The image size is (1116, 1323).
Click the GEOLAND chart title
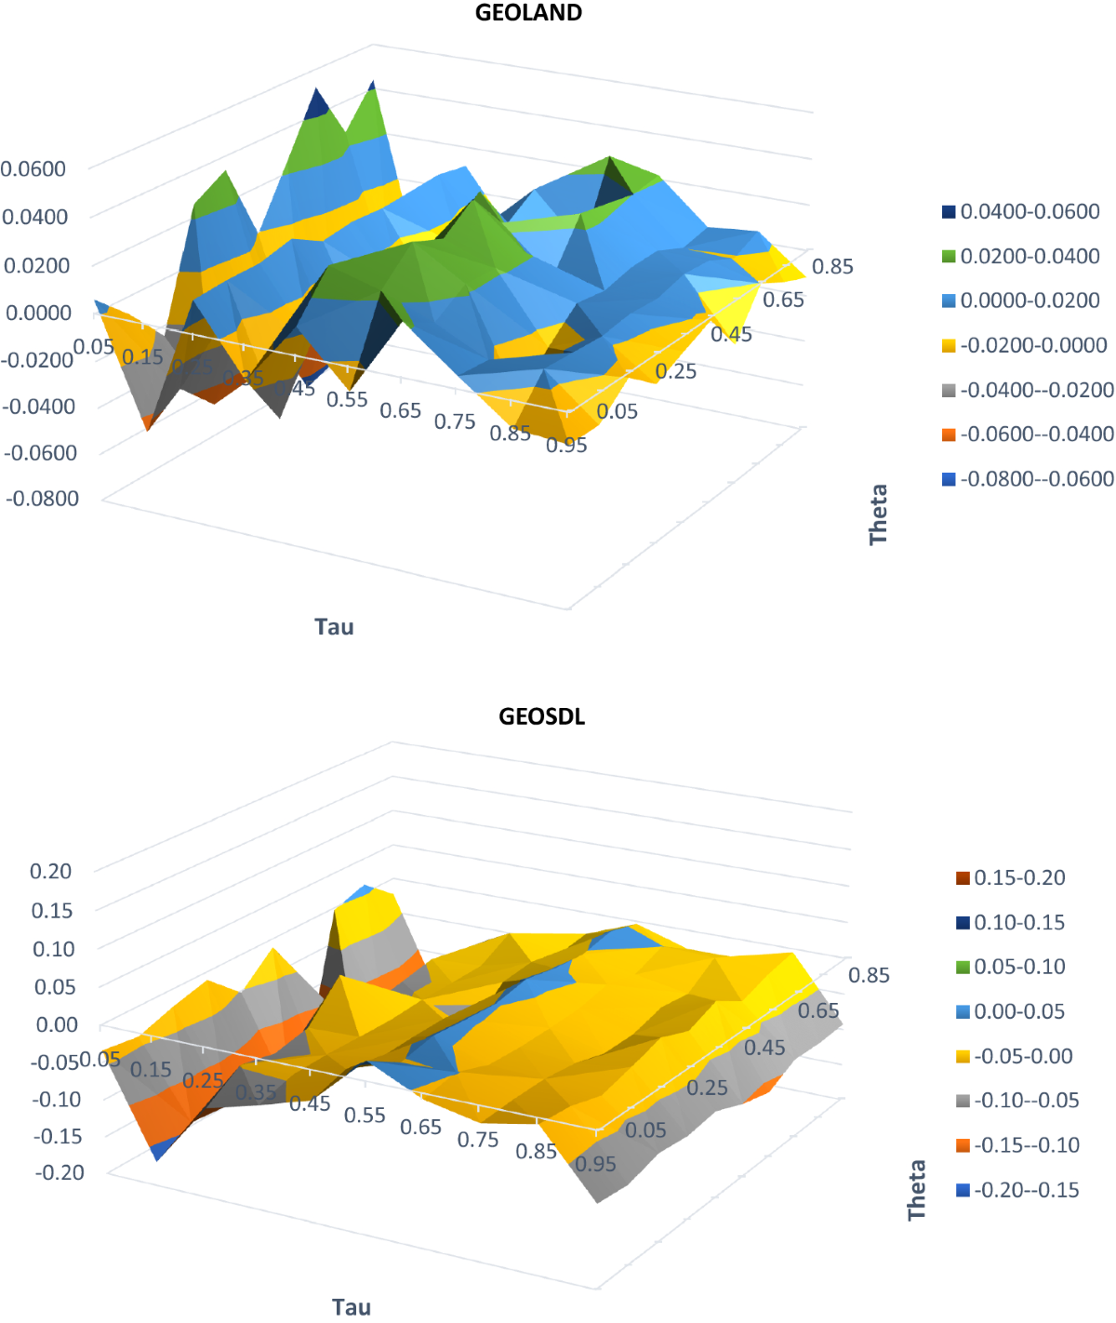point(528,13)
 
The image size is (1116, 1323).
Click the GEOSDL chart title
point(541,716)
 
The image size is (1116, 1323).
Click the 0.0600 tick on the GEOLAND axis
point(33,168)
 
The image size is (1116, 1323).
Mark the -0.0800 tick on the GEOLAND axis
point(42,498)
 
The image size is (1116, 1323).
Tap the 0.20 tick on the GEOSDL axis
point(50,871)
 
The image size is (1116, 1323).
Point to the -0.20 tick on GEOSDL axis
point(59,1172)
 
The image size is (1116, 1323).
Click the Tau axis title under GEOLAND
point(334,626)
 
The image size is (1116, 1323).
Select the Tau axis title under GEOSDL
point(352,1307)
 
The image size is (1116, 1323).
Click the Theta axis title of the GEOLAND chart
point(879,514)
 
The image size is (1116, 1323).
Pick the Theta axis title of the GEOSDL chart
point(917,1190)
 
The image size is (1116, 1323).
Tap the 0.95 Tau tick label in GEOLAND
point(566,446)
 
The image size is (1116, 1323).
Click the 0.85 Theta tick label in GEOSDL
point(869,975)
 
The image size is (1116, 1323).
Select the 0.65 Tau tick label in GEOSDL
point(420,1127)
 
